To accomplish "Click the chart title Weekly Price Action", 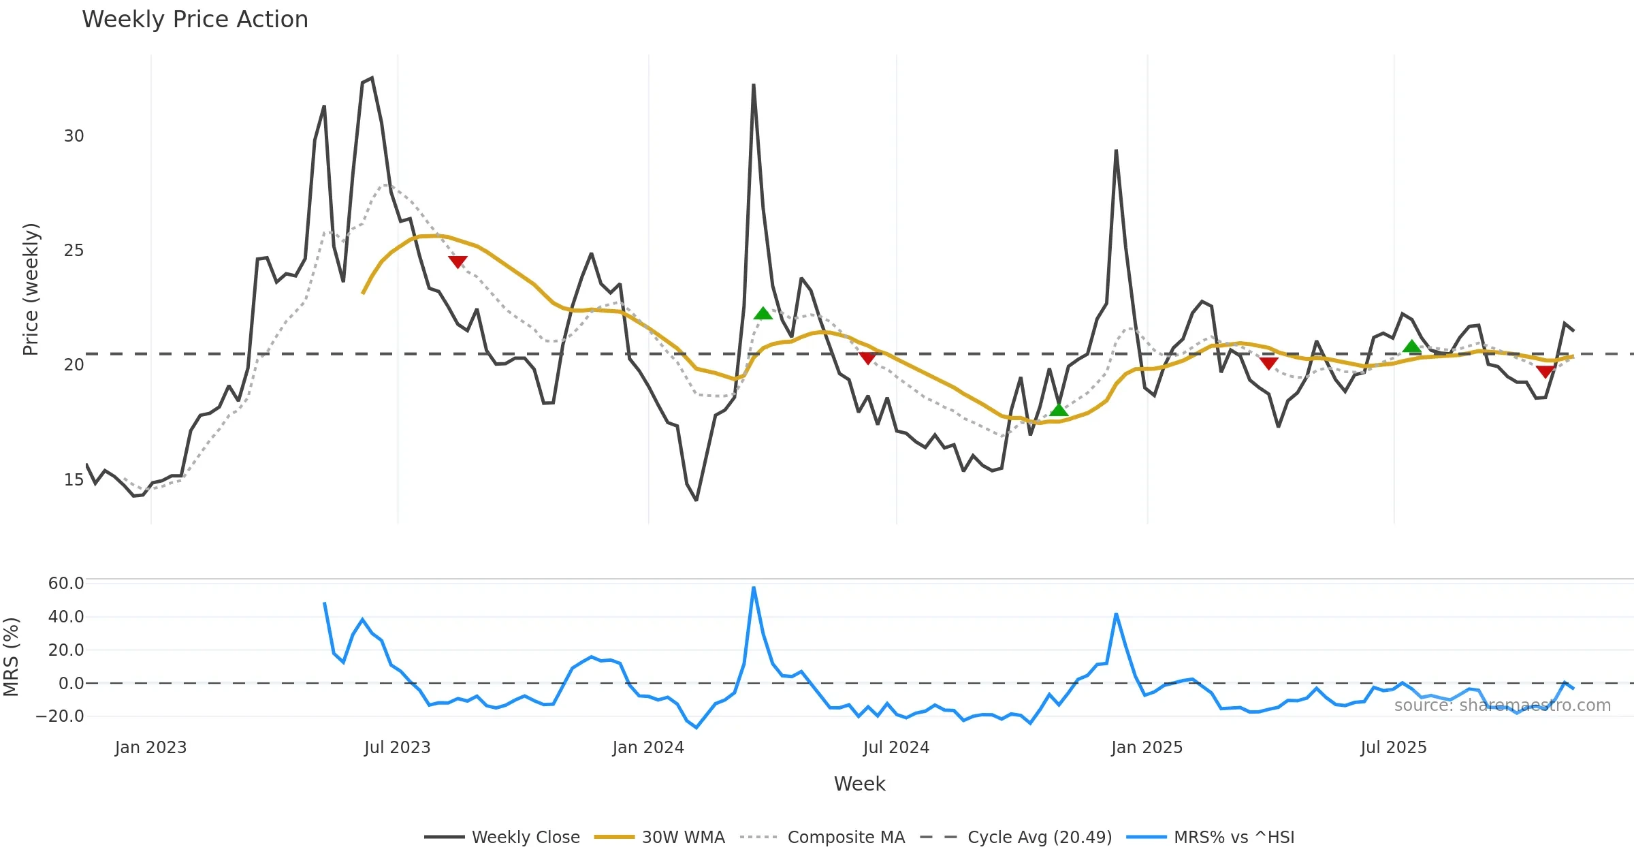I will [195, 20].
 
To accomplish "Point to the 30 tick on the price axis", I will [74, 136].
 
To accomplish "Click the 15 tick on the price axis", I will [74, 480].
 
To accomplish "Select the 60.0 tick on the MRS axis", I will [66, 584].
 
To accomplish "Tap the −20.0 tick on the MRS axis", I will [60, 716].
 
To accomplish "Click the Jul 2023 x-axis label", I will [398, 748].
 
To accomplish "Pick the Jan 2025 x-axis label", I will [1147, 748].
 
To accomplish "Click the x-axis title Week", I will [859, 784].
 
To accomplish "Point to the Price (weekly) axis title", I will [31, 289].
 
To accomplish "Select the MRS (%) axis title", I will [12, 657].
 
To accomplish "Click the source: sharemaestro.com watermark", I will [1502, 705].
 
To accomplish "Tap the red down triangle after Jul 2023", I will [458, 261].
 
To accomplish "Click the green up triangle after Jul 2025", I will [1412, 347].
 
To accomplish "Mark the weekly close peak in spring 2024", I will [754, 85].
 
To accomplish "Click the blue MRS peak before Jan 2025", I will [1116, 614].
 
